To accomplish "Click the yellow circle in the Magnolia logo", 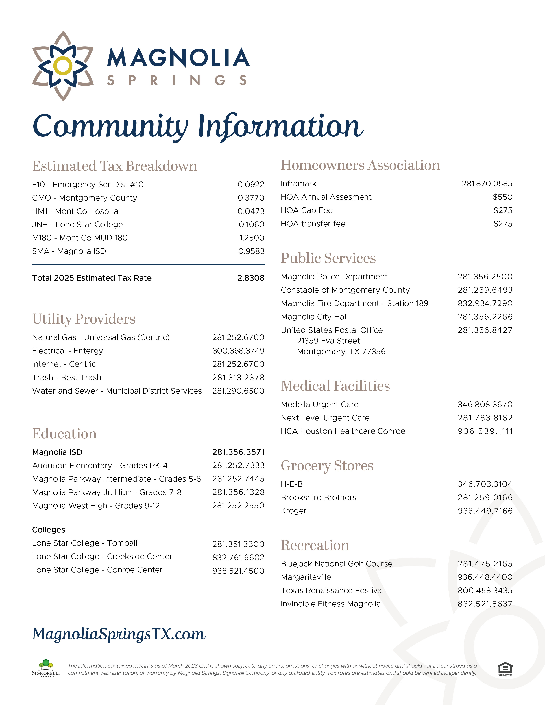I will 63,66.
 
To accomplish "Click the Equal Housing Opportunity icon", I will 505,669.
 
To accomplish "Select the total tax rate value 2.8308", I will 251,278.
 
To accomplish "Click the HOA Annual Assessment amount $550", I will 502,197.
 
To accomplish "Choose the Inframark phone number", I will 487,184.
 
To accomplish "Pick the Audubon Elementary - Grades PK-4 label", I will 100,465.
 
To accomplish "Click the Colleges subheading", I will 48,530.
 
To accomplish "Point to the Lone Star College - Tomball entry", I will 85,543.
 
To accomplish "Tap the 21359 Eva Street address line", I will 328,341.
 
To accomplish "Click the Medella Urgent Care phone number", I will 485,405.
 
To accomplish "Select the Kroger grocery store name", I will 293,511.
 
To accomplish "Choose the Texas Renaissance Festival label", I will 332,591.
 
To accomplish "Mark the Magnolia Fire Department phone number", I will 485,303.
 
